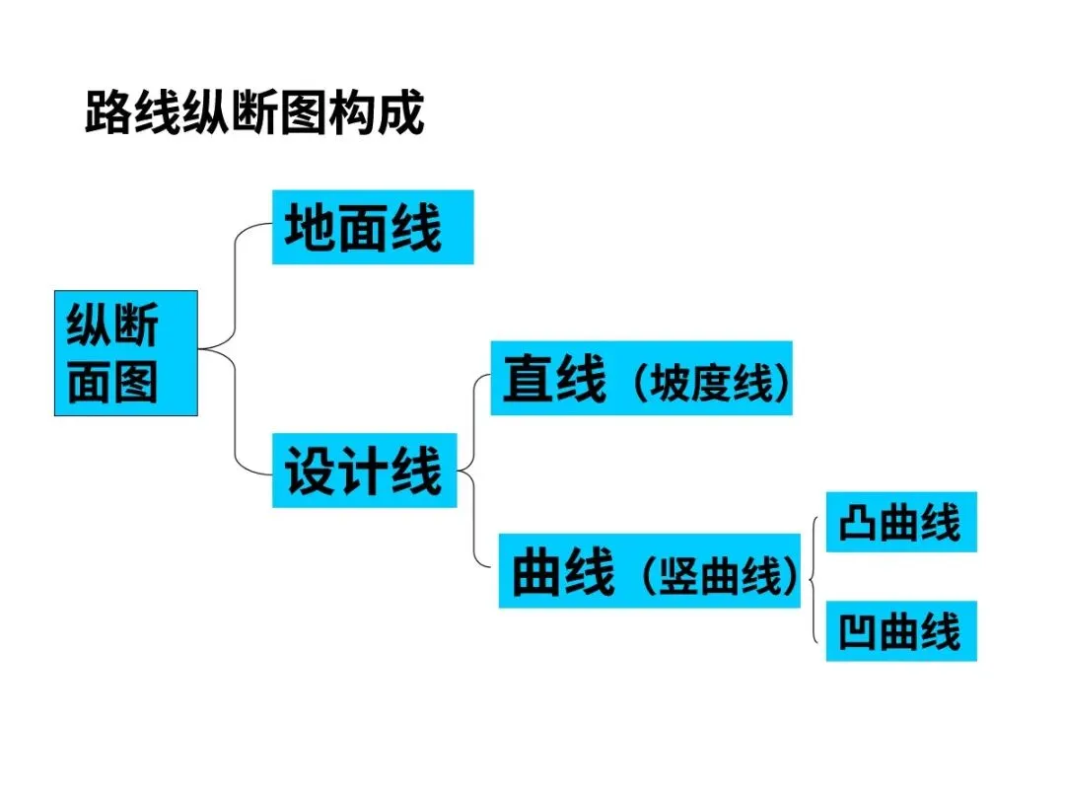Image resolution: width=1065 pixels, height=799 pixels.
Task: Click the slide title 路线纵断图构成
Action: pyautogui.click(x=254, y=113)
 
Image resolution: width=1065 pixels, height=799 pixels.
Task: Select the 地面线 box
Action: pyautogui.click(x=372, y=228)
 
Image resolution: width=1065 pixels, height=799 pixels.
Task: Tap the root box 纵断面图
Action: pyautogui.click(x=125, y=352)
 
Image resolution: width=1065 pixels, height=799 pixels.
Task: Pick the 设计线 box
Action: pyautogui.click(x=364, y=471)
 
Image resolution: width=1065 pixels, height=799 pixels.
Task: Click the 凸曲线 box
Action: pyautogui.click(x=900, y=522)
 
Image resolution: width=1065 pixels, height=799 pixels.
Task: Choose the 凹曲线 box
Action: pyautogui.click(x=900, y=631)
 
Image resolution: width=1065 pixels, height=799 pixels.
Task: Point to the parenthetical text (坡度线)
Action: pyautogui.click(x=710, y=384)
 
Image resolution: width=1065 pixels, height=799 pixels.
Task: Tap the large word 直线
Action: pyautogui.click(x=553, y=380)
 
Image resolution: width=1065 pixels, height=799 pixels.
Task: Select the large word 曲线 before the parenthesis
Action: pyautogui.click(x=563, y=573)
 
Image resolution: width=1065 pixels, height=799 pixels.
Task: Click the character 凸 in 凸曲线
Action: pyautogui.click(x=858, y=522)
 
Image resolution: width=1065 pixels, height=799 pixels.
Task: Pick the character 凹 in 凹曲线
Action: pyautogui.click(x=858, y=631)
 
